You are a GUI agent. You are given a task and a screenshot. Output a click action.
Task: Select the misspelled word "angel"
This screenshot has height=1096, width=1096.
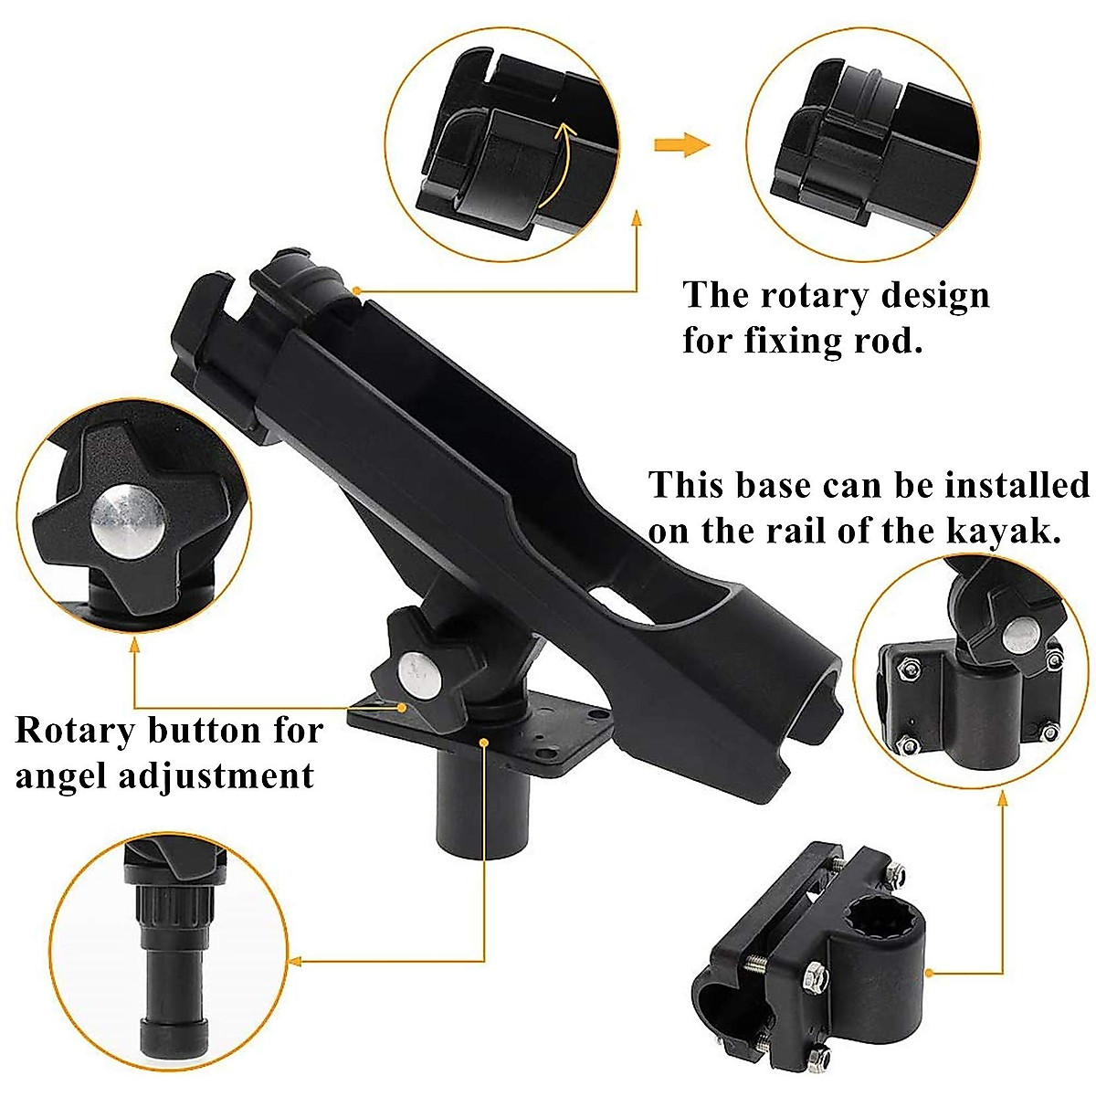tap(62, 775)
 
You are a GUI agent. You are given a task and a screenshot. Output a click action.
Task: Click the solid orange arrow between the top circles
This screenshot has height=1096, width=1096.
tap(681, 144)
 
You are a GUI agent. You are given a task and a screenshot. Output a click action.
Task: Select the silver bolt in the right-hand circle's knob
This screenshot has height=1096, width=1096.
tap(1020, 633)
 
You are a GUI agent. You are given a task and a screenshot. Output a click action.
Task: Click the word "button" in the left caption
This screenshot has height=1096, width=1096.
tap(214, 731)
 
